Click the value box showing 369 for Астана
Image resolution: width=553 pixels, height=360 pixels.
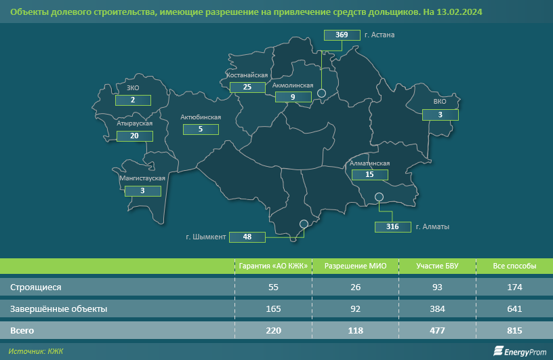click(x=342, y=35)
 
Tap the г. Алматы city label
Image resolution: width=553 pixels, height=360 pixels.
click(x=432, y=226)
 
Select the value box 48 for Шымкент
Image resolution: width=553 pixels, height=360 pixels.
click(x=247, y=237)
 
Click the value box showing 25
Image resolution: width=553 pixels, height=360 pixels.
click(x=247, y=87)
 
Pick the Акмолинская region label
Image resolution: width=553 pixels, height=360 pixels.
click(x=292, y=86)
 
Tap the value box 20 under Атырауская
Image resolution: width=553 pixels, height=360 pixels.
click(x=134, y=136)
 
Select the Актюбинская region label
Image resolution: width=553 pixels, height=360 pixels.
click(x=201, y=117)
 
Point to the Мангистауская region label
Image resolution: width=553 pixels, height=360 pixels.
click(x=142, y=178)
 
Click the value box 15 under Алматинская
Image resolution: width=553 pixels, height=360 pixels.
click(x=369, y=174)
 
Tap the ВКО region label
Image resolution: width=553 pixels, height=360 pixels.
click(x=440, y=103)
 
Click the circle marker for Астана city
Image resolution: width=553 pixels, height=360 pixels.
click(x=322, y=94)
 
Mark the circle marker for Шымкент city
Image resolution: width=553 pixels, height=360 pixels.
click(x=304, y=223)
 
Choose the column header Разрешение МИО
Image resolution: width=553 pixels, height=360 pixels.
click(x=356, y=266)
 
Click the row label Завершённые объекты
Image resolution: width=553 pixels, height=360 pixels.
click(x=58, y=309)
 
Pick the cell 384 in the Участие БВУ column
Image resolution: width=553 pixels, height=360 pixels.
click(x=438, y=309)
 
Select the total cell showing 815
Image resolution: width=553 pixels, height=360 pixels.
click(x=514, y=331)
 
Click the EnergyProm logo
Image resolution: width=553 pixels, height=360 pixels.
click(x=519, y=351)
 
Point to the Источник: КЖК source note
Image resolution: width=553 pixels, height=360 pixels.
click(x=37, y=351)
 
